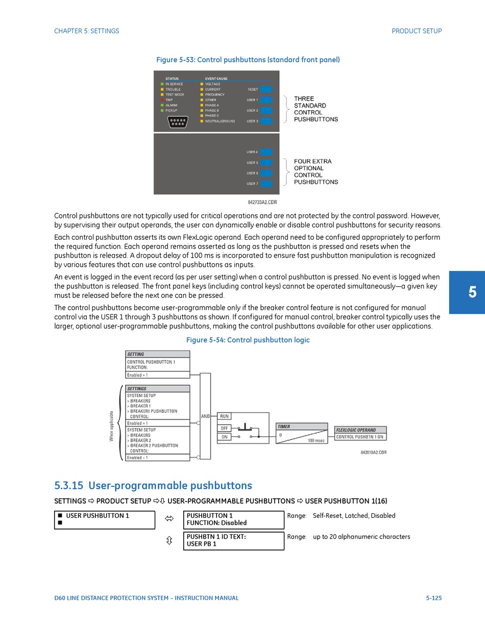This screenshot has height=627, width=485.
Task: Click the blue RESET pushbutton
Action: coord(266,89)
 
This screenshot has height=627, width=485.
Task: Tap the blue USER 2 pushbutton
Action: coord(266,110)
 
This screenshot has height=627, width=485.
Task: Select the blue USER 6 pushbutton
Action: coord(266,173)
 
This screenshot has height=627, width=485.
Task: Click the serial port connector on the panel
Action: coord(178,122)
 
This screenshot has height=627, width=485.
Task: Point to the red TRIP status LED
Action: coord(162,100)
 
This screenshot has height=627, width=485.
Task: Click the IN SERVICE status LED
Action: coord(162,84)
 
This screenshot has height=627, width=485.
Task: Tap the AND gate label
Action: coord(205,416)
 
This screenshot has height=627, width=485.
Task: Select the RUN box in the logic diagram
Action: coord(224,416)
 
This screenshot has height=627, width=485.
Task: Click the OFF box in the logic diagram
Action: coord(224,428)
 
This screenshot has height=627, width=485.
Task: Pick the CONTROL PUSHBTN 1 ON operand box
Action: coord(360,437)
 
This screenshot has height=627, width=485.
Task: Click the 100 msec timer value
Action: coord(316,440)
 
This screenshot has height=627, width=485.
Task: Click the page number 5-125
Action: coord(433,598)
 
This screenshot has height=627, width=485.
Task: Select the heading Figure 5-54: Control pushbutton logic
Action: coord(248,340)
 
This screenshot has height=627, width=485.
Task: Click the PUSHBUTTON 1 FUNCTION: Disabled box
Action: coord(233,519)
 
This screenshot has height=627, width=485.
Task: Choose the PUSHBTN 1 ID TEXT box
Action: coord(233,540)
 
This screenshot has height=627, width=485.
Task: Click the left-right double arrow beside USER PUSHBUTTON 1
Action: coord(169,519)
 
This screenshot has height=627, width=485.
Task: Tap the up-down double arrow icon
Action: coord(169,540)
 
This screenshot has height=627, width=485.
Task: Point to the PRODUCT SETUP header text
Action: coord(417,31)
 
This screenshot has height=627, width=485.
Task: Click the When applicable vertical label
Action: coord(111,426)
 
